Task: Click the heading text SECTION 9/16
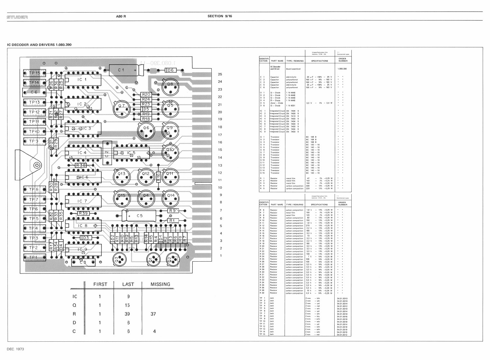pyautogui.click(x=220, y=16)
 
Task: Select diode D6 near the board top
pyautogui.click(x=171, y=70)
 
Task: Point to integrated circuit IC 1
pyautogui.click(x=82, y=79)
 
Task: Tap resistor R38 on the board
pyautogui.click(x=80, y=165)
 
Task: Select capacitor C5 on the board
pyautogui.click(x=139, y=216)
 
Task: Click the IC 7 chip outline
pyautogui.click(x=82, y=201)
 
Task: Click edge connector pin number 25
pyautogui.click(x=220, y=74)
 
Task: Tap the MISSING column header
pyautogui.click(x=160, y=284)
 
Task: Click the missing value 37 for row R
pyautogui.click(x=153, y=314)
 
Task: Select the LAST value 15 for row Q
pyautogui.click(x=127, y=305)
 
